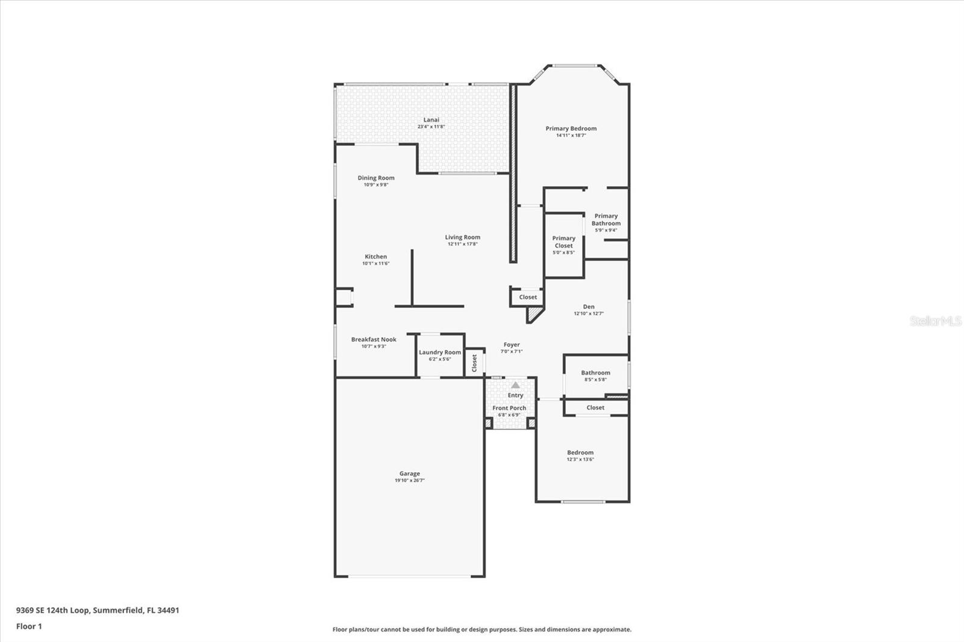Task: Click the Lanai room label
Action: pyautogui.click(x=431, y=120)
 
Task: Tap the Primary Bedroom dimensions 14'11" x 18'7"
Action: pyautogui.click(x=571, y=136)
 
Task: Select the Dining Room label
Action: pyautogui.click(x=376, y=178)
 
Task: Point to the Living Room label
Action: pyautogui.click(x=463, y=237)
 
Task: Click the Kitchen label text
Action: pyautogui.click(x=375, y=257)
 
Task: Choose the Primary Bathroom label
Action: pyautogui.click(x=606, y=219)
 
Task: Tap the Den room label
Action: pyautogui.click(x=589, y=307)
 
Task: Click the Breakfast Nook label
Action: pyautogui.click(x=374, y=340)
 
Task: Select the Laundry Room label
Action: pyautogui.click(x=440, y=352)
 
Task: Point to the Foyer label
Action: pyautogui.click(x=512, y=345)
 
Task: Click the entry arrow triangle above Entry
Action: pyautogui.click(x=515, y=385)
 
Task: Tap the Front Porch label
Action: pyautogui.click(x=509, y=408)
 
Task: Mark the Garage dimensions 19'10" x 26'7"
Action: pyautogui.click(x=410, y=481)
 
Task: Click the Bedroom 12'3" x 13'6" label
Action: pyautogui.click(x=580, y=453)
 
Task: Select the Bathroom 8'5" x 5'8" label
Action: pyautogui.click(x=595, y=373)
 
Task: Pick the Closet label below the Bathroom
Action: pyautogui.click(x=595, y=408)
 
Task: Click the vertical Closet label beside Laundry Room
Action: pyautogui.click(x=474, y=363)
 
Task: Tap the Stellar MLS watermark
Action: pyautogui.click(x=935, y=321)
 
